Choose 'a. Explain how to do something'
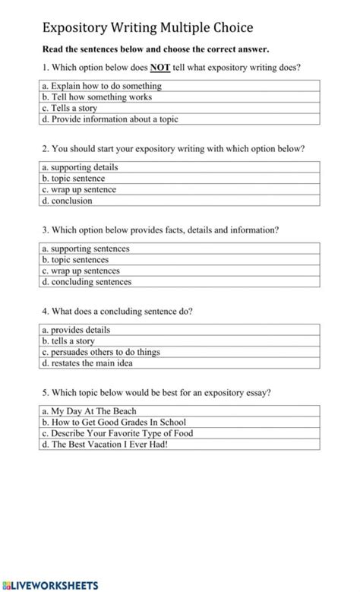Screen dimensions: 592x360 [x=101, y=86]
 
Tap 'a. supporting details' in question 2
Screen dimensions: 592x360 [x=80, y=166]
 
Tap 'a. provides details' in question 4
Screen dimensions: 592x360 [x=76, y=330]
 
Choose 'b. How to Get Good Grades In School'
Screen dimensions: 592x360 [x=114, y=422]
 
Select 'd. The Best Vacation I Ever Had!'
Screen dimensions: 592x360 [x=104, y=445]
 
